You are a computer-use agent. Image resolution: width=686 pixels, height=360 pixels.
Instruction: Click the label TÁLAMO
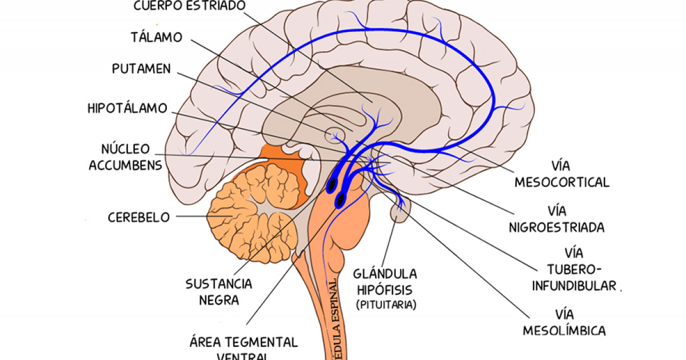tap(156, 38)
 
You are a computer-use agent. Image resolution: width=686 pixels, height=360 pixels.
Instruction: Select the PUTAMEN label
tap(141, 69)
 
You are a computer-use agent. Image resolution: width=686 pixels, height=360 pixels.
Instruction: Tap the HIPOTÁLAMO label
tap(127, 108)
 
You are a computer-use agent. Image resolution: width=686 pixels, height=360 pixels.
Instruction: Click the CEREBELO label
tap(139, 217)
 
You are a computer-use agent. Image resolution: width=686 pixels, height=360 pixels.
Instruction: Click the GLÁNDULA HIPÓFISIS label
tap(385, 281)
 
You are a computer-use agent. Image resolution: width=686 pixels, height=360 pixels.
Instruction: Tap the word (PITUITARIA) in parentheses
tap(386, 305)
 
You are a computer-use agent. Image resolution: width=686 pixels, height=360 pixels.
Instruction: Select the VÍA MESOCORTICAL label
tap(562, 174)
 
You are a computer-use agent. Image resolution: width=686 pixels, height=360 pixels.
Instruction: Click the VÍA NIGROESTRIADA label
tap(556, 219)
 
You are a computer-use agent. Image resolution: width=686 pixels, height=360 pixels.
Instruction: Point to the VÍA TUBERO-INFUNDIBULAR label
tap(575, 269)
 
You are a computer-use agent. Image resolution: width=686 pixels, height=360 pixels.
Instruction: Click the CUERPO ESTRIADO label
tap(189, 6)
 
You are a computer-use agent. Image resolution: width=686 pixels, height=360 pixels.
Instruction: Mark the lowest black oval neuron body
tap(341, 199)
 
